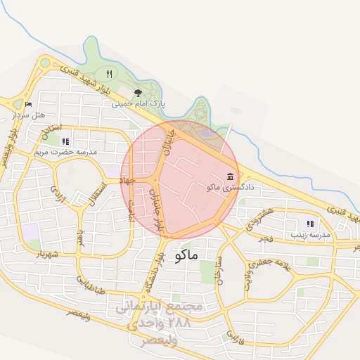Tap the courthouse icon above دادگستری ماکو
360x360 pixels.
231,176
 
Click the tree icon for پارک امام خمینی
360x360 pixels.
138,92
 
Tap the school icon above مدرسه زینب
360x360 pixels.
311,223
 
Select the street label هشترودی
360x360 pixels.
256,219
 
